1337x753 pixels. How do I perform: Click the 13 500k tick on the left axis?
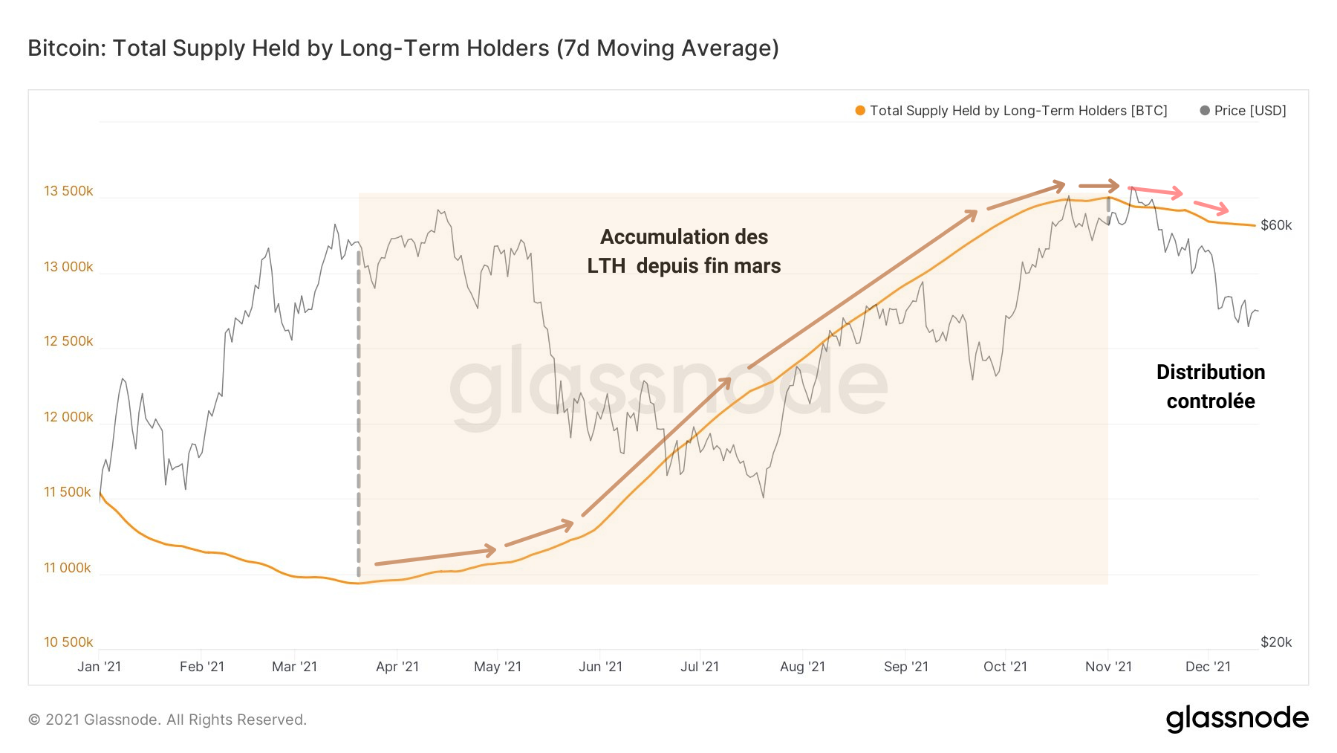point(68,191)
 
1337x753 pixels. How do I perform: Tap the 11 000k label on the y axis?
point(68,568)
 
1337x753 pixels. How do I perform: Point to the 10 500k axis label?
point(68,642)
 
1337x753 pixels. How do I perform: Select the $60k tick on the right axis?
point(1276,225)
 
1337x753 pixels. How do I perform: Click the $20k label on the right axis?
point(1276,642)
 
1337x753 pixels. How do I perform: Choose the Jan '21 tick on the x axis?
point(100,667)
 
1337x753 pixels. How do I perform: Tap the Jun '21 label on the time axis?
point(600,667)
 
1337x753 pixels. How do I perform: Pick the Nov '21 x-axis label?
point(1108,667)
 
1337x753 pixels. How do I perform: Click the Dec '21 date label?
point(1208,667)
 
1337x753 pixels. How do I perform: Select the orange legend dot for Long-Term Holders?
point(860,111)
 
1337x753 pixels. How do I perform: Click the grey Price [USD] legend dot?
point(1205,111)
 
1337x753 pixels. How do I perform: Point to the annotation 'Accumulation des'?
point(684,237)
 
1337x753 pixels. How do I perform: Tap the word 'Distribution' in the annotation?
point(1211,372)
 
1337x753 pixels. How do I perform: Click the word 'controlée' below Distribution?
point(1211,401)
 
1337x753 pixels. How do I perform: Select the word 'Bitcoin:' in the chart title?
point(67,48)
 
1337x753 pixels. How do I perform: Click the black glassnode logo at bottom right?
point(1237,719)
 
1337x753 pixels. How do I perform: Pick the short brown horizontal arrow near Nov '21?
point(1099,185)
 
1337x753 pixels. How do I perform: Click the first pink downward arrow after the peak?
point(1155,191)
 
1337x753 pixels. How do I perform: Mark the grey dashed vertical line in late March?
point(359,416)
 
